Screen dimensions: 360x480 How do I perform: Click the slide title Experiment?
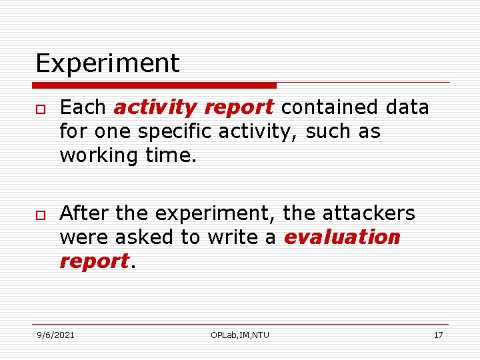click(x=107, y=64)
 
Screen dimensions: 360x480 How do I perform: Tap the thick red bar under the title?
click(x=155, y=85)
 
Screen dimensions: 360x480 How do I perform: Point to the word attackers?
click(x=368, y=213)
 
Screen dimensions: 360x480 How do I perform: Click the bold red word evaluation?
click(x=342, y=237)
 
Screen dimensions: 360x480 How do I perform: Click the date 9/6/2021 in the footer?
click(x=55, y=335)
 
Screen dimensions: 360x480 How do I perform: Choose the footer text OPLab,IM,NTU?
click(x=240, y=335)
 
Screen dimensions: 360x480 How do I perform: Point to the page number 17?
click(x=438, y=335)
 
